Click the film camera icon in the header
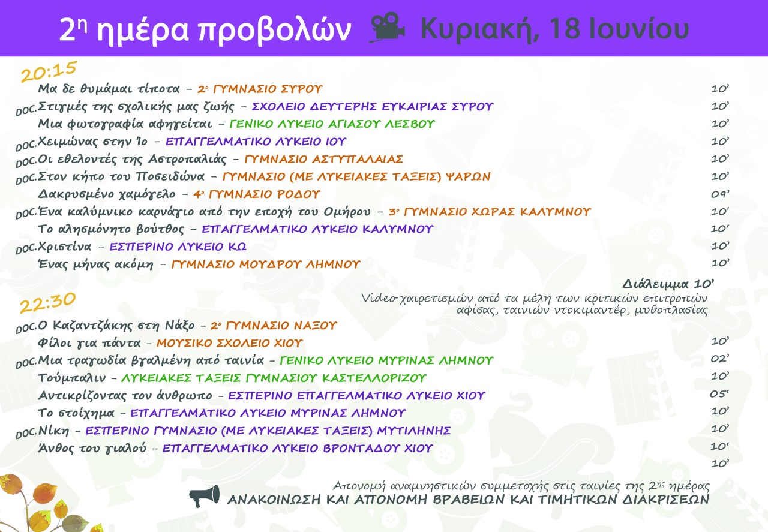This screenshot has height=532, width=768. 388,28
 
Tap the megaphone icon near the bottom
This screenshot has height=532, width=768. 205,495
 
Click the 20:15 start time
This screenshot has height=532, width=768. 49,71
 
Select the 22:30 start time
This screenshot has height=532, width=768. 47,303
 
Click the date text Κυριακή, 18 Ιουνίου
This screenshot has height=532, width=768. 555,29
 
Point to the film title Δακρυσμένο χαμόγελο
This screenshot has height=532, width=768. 107,194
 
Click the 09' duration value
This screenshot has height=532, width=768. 719,194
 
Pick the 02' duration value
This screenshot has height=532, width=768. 719,359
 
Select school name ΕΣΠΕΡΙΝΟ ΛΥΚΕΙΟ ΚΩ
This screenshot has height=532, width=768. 178,247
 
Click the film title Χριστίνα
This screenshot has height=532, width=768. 65,247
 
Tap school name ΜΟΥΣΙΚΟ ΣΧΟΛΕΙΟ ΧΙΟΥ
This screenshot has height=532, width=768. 229,343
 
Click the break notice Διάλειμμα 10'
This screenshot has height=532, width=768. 668,284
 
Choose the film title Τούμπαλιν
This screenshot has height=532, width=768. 71,378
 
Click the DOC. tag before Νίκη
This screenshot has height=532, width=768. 26,434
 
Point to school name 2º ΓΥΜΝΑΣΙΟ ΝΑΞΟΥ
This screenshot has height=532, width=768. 274,326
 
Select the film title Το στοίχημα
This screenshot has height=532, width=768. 76,413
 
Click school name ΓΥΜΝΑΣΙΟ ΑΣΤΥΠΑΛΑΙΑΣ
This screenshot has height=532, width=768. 323,160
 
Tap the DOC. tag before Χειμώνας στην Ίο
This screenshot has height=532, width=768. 26,145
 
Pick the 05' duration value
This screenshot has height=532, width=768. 719,394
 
